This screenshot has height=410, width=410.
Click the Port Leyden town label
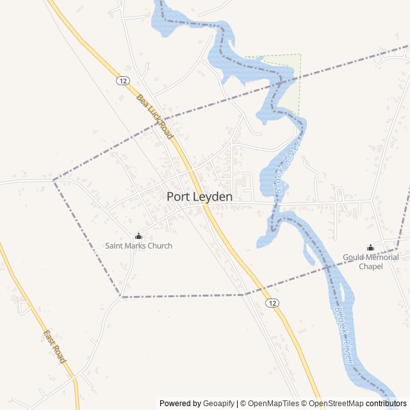199,197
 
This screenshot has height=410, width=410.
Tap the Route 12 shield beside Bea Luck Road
122,81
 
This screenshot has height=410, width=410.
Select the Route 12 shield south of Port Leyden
272,302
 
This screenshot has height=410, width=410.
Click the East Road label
54,347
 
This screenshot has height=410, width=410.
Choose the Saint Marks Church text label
138,245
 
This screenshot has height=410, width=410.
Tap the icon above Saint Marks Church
138,236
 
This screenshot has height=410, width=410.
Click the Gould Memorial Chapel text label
370,261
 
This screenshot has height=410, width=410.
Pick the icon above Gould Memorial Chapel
370,247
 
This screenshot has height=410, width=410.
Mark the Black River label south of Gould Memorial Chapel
343,336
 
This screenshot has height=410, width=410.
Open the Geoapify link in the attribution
219,404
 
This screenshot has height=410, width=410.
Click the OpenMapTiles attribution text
272,404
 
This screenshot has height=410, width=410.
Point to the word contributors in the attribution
386,404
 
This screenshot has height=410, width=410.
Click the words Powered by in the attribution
180,404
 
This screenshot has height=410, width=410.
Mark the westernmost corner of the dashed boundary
54,179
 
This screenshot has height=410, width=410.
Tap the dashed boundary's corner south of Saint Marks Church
121,297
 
